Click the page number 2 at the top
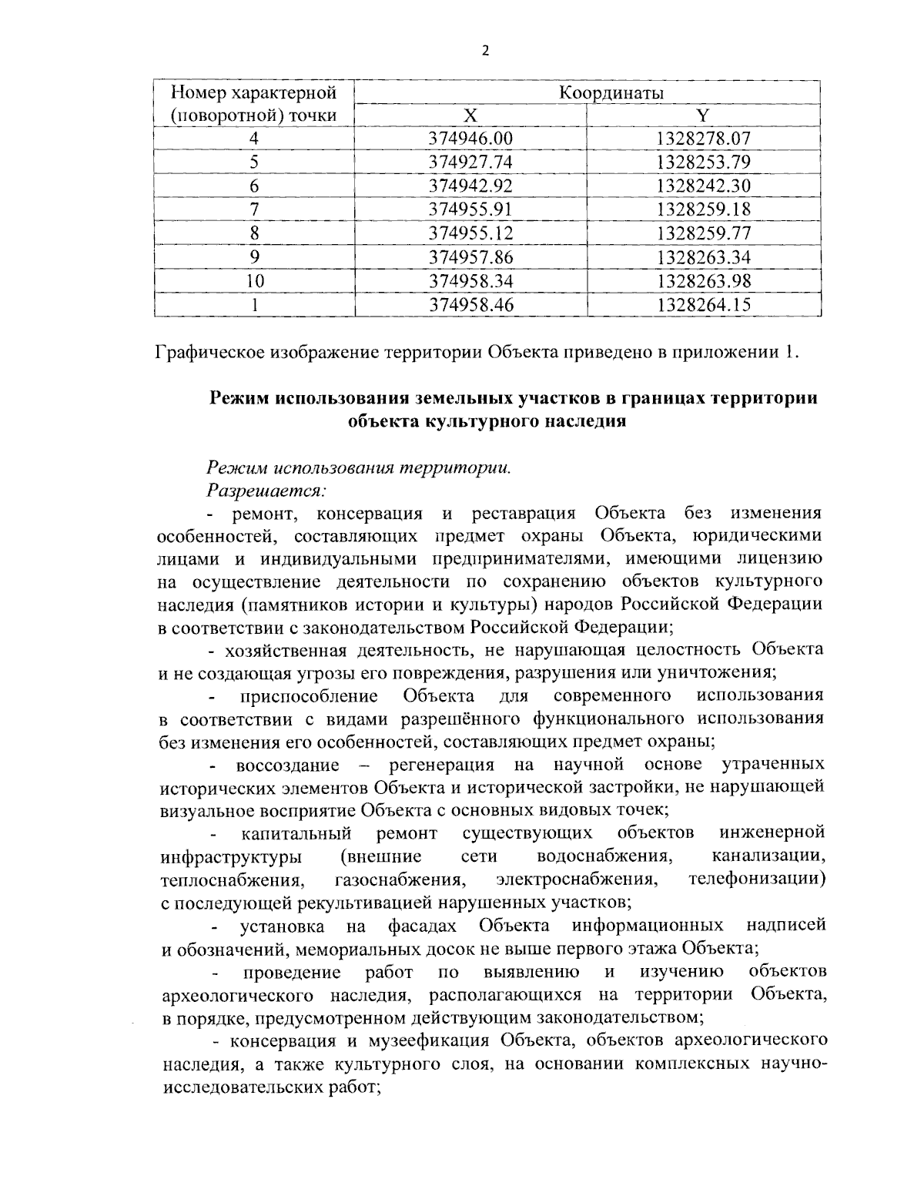tap(484, 52)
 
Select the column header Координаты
tap(611, 93)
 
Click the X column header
tap(470, 116)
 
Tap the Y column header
tap(702, 116)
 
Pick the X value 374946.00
tap(470, 139)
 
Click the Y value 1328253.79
tap(703, 162)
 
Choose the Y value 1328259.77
tap(703, 233)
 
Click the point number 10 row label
tap(253, 281)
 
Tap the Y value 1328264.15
tap(703, 305)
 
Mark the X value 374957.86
tap(470, 257)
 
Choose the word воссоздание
tap(287, 765)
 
